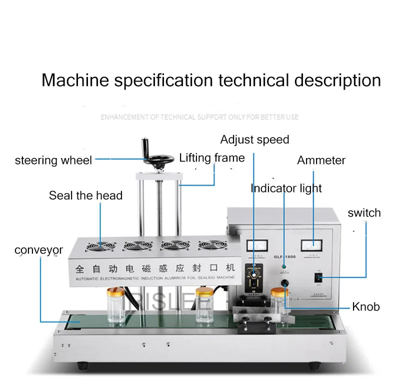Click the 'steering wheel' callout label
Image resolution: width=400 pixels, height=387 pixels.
pyautogui.click(x=53, y=160)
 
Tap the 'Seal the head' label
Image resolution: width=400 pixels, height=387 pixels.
pyautogui.click(x=85, y=195)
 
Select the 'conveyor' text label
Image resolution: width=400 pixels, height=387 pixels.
pyautogui.click(x=38, y=249)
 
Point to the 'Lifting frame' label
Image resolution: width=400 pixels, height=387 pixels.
pyautogui.click(x=212, y=158)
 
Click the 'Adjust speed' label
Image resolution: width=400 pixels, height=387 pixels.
pyautogui.click(x=254, y=139)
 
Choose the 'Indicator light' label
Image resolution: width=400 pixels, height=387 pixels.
pyautogui.click(x=286, y=188)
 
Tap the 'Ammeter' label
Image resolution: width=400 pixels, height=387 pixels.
pyautogui.click(x=321, y=160)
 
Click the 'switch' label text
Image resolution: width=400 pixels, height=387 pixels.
pyautogui.click(x=364, y=212)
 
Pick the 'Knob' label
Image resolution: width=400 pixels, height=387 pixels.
pyautogui.click(x=365, y=306)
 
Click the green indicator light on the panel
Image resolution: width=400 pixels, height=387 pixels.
pyautogui.click(x=283, y=265)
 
